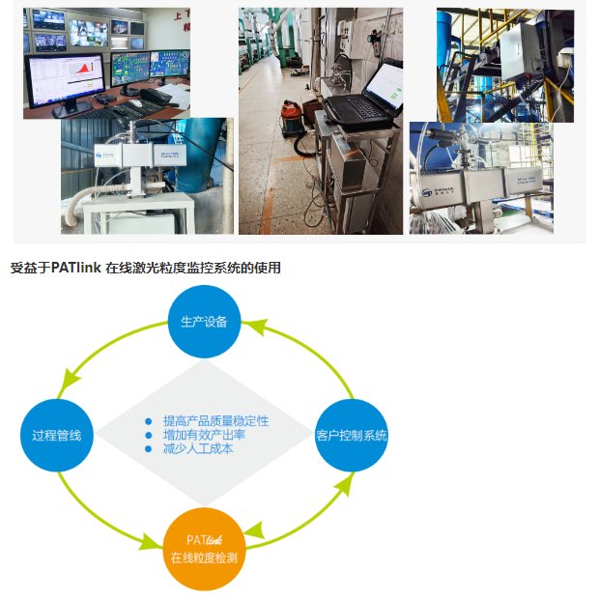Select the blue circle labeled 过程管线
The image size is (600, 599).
pyautogui.click(x=56, y=435)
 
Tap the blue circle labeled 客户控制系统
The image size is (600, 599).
pyautogui.click(x=352, y=435)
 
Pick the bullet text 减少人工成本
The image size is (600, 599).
pyautogui.click(x=198, y=448)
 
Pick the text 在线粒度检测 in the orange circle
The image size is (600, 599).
pyautogui.click(x=204, y=558)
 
